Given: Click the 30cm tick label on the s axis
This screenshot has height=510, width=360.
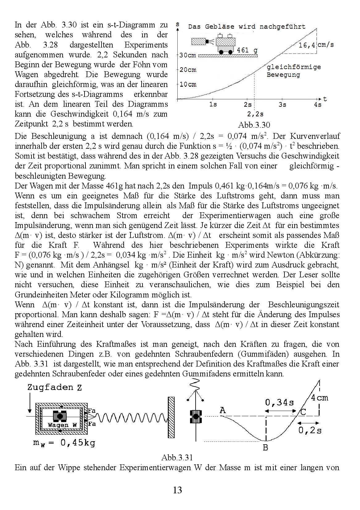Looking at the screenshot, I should [x=188, y=56].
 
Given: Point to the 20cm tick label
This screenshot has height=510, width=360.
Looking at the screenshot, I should [x=188, y=70].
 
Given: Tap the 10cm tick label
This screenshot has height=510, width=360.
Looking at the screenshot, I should [x=188, y=85].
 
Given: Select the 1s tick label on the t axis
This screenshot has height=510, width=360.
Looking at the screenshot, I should [x=213, y=105].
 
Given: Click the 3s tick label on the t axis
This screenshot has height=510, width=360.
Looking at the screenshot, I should [x=282, y=105].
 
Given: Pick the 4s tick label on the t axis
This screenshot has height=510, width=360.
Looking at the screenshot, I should [x=317, y=105].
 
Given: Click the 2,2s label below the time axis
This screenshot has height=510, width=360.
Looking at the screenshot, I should [x=255, y=114].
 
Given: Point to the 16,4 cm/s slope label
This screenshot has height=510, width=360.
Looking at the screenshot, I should [x=316, y=45].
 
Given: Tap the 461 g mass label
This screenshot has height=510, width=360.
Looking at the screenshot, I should [x=247, y=50].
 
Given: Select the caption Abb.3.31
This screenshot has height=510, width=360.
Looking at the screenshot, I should [x=177, y=457].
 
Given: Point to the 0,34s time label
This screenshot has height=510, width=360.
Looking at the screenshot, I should [x=279, y=402].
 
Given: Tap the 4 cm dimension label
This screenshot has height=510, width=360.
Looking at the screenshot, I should [x=320, y=398].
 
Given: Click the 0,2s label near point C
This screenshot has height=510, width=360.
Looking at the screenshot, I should [x=310, y=430].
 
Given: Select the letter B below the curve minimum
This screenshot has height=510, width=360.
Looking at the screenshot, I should [x=265, y=448].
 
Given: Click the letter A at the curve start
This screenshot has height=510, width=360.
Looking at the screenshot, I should [x=223, y=410].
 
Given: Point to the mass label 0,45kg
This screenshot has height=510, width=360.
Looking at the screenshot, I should [x=64, y=443].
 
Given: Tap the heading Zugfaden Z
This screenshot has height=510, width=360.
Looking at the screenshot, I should [x=55, y=388].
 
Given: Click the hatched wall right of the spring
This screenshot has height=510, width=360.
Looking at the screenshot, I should [x=171, y=417].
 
